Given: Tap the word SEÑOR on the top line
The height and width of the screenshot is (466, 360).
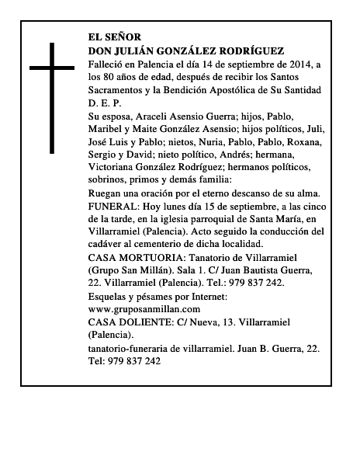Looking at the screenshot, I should click(x=126, y=37).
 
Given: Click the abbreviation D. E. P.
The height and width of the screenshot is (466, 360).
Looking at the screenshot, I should click(x=105, y=103).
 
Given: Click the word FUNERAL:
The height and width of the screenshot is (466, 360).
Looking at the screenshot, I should click(x=116, y=206).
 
